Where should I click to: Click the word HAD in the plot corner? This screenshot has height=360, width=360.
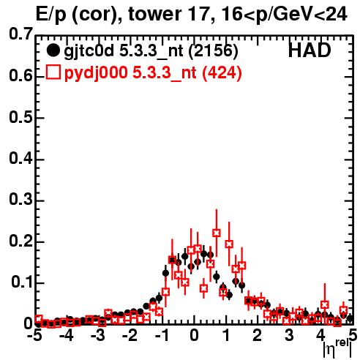click(x=310, y=50)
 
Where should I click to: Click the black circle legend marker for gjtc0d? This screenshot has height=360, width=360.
click(x=53, y=50)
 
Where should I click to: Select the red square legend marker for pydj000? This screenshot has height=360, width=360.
click(x=53, y=72)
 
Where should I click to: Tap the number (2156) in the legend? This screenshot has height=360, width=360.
click(x=213, y=50)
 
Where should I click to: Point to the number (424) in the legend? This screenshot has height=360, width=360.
click(x=222, y=72)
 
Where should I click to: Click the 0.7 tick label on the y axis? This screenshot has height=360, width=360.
click(x=20, y=34)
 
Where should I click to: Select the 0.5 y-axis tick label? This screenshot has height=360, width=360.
click(x=20, y=117)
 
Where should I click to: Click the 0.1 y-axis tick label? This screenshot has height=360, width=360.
click(x=22, y=282)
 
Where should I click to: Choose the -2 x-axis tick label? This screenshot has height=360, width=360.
click(x=130, y=335)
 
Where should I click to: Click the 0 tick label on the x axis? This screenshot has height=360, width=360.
click(x=194, y=335)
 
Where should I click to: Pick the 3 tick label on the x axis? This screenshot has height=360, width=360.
click(x=289, y=335)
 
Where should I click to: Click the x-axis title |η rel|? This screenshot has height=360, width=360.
click(x=337, y=349)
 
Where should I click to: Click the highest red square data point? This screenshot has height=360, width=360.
click(x=217, y=233)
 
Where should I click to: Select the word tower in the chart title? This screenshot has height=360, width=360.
click(x=154, y=14)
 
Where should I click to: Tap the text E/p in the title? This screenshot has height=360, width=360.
click(x=51, y=15)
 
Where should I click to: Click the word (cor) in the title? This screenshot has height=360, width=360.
click(x=97, y=15)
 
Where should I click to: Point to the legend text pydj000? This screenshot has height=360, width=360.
click(x=96, y=73)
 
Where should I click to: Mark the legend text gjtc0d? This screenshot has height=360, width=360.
click(x=89, y=51)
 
